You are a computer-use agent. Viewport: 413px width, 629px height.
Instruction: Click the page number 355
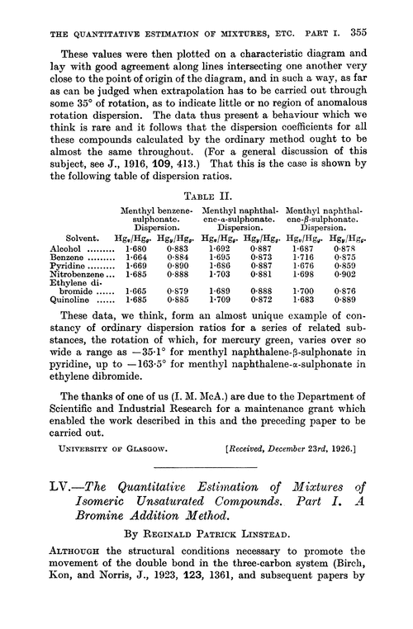(373, 12)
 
